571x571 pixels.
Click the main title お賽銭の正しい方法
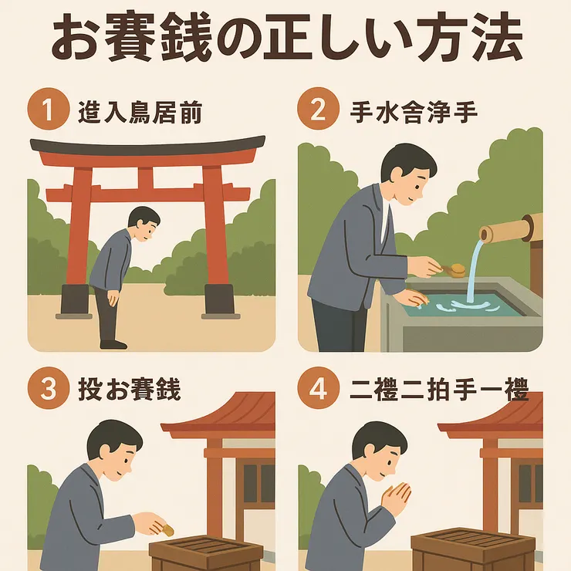pyautogui.click(x=285, y=40)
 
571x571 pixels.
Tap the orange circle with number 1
pyautogui.click(x=49, y=111)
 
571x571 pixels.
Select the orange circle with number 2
pyautogui.click(x=317, y=111)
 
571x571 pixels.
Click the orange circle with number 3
pyautogui.click(x=49, y=389)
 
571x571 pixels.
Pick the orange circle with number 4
pyautogui.click(x=317, y=389)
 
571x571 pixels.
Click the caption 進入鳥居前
pyautogui.click(x=140, y=113)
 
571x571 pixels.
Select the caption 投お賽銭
pyautogui.click(x=129, y=390)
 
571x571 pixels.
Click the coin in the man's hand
pyautogui.click(x=166, y=529)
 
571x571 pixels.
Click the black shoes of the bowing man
pyautogui.click(x=113, y=343)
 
